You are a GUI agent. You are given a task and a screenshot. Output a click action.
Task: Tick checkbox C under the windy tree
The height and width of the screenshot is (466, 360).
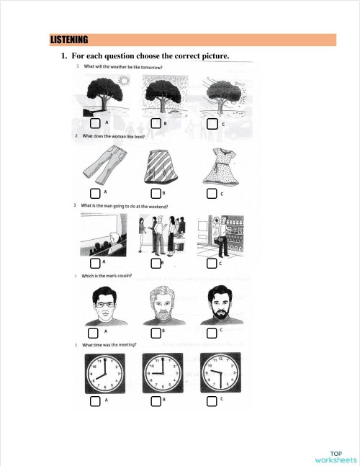[x=212, y=124]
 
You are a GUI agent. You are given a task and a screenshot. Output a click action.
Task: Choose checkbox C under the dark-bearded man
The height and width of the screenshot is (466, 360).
[x=212, y=333]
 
